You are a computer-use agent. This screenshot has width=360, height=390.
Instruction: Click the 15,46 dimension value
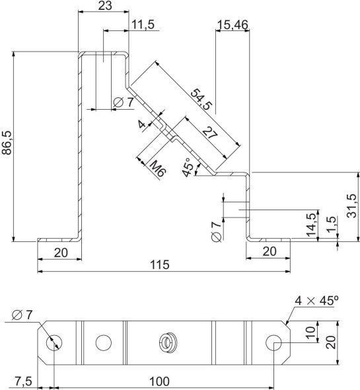point(232,25)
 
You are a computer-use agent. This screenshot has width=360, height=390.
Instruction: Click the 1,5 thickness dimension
point(331,227)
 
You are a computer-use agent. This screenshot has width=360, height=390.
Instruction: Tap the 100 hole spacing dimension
point(159,381)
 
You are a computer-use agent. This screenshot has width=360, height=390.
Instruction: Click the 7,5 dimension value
point(23,381)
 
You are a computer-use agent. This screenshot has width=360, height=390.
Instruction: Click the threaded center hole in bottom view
point(168,342)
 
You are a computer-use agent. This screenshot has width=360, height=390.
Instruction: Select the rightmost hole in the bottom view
point(275,342)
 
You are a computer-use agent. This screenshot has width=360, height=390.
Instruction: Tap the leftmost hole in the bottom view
point(54,342)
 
